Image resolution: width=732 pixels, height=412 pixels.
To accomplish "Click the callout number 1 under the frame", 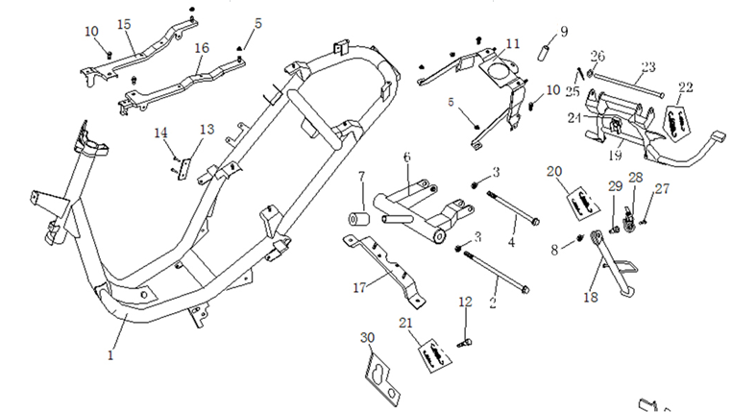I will pos(110,354).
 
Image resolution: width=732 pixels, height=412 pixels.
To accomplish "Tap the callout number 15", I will pos(124,23).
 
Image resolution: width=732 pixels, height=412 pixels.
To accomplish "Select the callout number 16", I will pos(202,47).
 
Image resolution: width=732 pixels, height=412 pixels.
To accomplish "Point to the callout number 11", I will pos(513,44).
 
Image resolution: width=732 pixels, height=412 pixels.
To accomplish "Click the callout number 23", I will pos(647,66).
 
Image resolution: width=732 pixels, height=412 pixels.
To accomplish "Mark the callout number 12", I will pos(466,302).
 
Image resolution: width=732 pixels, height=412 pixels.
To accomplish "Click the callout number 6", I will pos(406,157).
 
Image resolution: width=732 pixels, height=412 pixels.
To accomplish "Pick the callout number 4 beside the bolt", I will pos(512,242).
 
